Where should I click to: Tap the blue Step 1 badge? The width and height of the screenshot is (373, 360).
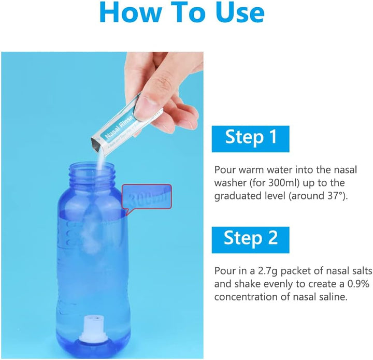point(250,137)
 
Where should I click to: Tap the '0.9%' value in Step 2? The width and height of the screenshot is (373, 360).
point(344,283)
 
